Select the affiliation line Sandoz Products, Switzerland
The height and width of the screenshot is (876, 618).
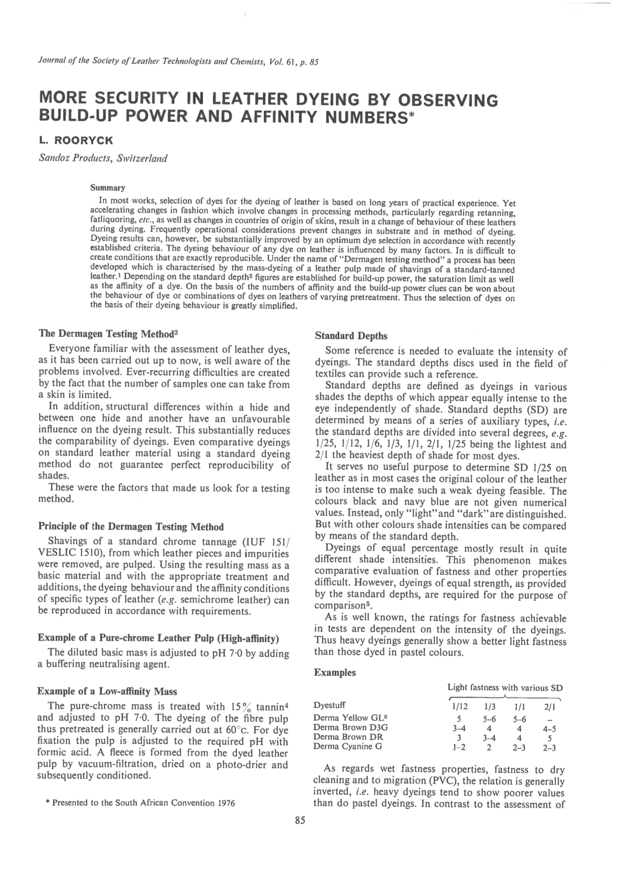click(x=103, y=158)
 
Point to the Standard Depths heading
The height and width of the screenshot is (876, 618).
click(x=351, y=336)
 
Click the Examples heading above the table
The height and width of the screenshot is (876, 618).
click(x=335, y=673)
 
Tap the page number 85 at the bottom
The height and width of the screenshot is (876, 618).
click(x=300, y=820)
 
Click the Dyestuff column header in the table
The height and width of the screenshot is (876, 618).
click(x=330, y=706)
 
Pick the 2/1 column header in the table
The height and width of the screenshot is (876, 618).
click(x=550, y=707)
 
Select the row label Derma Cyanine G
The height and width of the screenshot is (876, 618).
click(x=347, y=747)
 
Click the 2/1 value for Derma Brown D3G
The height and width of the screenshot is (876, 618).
click(x=550, y=729)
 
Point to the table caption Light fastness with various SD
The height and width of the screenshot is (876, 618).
click(x=505, y=687)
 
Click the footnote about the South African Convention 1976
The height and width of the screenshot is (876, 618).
click(x=140, y=803)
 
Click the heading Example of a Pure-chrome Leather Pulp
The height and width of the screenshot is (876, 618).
click(x=158, y=638)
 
